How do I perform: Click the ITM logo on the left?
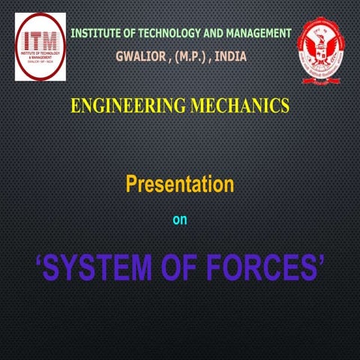(x=40, y=46)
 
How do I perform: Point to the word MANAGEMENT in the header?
(x=256, y=33)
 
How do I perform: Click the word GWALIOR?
(x=140, y=56)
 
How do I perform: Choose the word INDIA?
(x=230, y=56)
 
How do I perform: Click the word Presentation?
(x=179, y=182)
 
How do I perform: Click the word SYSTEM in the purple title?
(x=102, y=267)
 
